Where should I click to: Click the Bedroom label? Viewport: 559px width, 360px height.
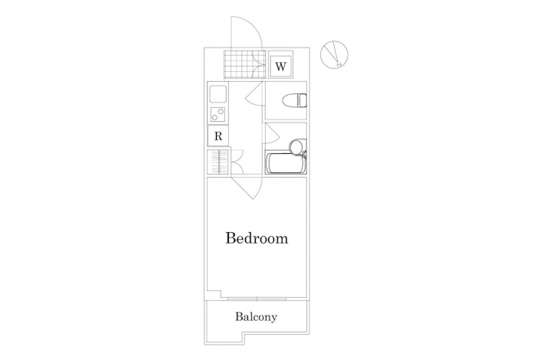click(x=257, y=238)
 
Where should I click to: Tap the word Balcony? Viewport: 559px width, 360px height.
click(x=256, y=317)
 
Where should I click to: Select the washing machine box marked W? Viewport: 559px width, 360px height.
click(x=280, y=67)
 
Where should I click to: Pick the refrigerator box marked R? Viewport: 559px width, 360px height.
click(x=218, y=136)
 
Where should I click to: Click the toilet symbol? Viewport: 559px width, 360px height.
click(x=295, y=100)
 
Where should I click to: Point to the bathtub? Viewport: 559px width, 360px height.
click(x=286, y=163)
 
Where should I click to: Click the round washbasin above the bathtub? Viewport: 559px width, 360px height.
click(x=296, y=146)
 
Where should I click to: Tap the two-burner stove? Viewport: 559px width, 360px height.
click(x=217, y=115)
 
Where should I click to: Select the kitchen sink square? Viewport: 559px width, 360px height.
click(x=217, y=94)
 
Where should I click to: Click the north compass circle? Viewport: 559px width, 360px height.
click(x=334, y=54)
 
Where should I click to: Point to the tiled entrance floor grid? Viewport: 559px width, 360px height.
click(x=238, y=64)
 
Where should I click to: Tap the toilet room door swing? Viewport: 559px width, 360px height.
click(x=254, y=93)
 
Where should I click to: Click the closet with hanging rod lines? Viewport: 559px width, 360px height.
click(x=217, y=162)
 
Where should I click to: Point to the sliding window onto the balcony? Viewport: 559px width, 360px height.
click(x=257, y=298)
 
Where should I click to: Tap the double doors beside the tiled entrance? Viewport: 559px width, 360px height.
click(x=259, y=64)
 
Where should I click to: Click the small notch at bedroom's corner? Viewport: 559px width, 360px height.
click(x=214, y=294)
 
